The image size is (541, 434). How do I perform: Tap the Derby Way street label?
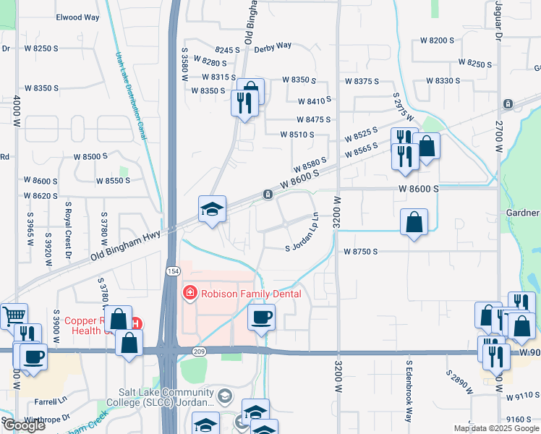(272, 45)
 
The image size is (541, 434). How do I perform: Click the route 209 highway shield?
(200, 351)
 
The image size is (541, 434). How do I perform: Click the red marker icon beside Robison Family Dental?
(189, 294)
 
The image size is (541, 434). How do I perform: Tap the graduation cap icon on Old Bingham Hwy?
(213, 209)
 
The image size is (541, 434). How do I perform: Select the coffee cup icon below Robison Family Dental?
(261, 316)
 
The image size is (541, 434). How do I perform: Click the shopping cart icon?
(14, 316)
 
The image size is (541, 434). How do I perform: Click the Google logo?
(23, 425)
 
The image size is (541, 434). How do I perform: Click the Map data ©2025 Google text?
(496, 428)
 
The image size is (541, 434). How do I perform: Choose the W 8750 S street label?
(362, 252)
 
